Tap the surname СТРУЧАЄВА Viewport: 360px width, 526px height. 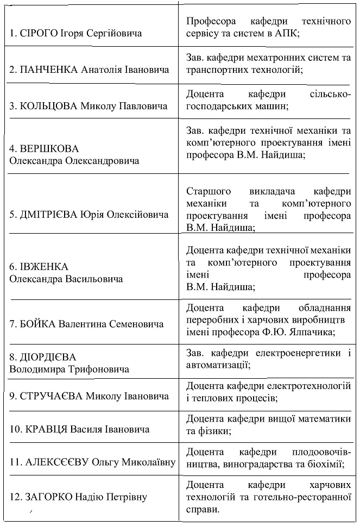pos(52,396)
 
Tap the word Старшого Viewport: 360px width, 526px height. pos(209,191)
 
